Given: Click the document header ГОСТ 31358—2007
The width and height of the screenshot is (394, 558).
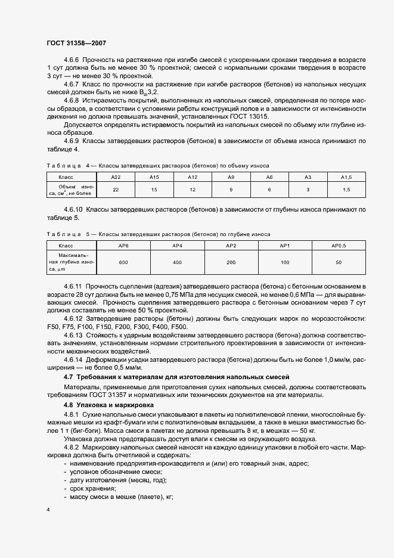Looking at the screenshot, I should pyautogui.click(x=76, y=44).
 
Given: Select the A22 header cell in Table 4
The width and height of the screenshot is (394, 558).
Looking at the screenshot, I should pyautogui.click(x=116, y=177).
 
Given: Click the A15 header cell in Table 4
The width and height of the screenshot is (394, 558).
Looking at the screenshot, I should pyautogui.click(x=154, y=177).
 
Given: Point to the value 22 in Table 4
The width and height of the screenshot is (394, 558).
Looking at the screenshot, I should pyautogui.click(x=116, y=190).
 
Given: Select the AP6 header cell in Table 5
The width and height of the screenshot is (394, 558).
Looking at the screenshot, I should pyautogui.click(x=123, y=246).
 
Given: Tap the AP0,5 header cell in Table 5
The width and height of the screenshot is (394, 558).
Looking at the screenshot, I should pyautogui.click(x=339, y=246).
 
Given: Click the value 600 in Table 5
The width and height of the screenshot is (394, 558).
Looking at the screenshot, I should pyautogui.click(x=123, y=262).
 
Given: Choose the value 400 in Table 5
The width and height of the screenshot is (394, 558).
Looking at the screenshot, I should pyautogui.click(x=177, y=262).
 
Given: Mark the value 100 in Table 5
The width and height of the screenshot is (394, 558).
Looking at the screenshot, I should pyautogui.click(x=285, y=262).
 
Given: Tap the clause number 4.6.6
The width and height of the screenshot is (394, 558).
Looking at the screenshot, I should pyautogui.click(x=72, y=61).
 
